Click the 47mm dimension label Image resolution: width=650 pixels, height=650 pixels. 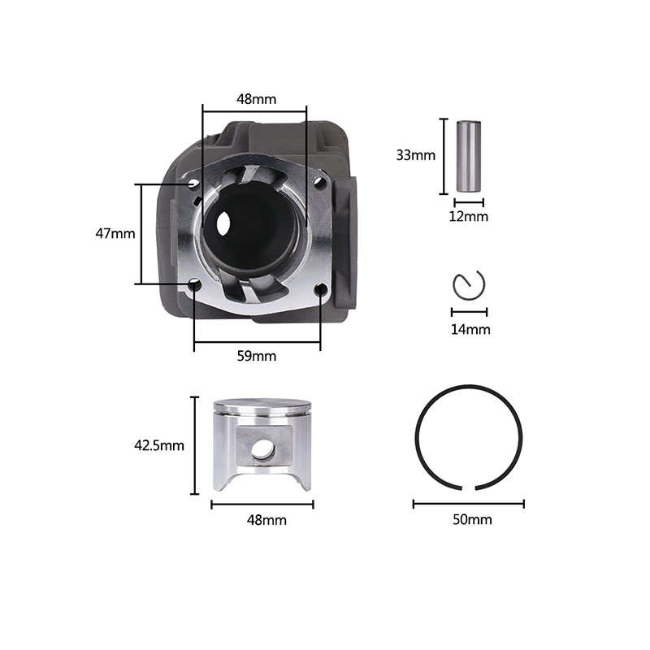point(115,234)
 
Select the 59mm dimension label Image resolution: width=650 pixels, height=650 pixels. point(257,356)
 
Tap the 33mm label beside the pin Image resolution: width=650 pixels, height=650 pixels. point(416,155)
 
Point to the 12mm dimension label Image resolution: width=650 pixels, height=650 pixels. point(469,216)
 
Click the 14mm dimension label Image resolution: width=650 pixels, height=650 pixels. point(470,330)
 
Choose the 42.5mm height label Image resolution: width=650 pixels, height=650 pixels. point(159,445)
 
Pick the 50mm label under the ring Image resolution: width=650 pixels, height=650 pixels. point(473,520)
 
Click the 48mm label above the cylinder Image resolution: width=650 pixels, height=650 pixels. point(256,99)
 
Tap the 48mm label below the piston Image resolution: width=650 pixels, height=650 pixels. point(266,520)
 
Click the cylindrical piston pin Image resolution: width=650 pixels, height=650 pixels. point(469,156)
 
